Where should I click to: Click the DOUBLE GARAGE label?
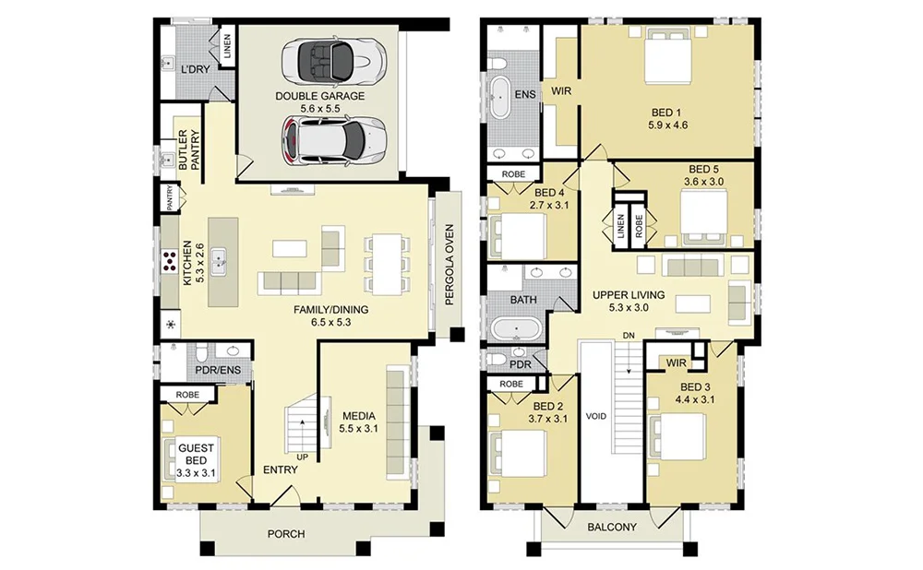coord(319,96)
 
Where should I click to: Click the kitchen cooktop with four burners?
coord(171,263)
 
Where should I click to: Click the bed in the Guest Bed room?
coord(187,456)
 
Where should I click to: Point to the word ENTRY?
coord(280,469)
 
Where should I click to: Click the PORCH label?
coord(286,534)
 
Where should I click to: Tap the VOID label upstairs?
coord(596,417)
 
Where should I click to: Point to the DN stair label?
coord(629,335)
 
